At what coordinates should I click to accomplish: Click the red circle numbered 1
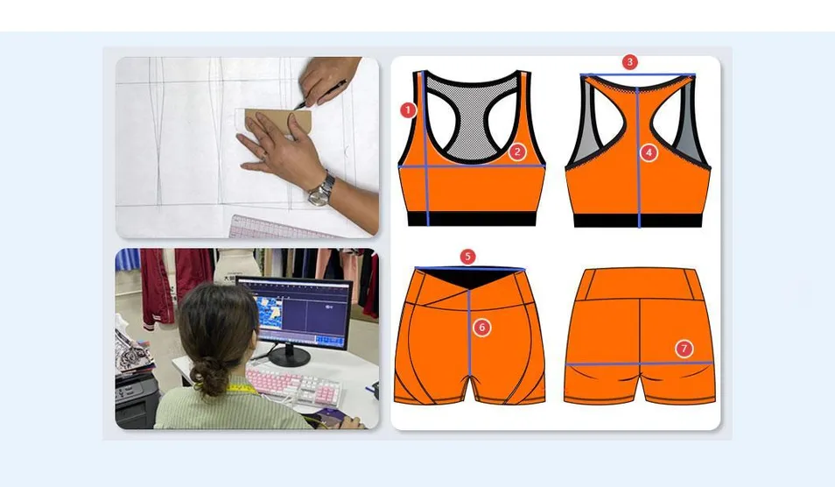click(407, 110)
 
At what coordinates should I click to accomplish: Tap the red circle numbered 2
click(517, 152)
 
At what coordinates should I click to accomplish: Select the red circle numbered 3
click(629, 62)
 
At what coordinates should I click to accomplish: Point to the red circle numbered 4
click(649, 152)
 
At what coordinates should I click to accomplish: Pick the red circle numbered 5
click(468, 257)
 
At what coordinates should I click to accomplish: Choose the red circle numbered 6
click(481, 328)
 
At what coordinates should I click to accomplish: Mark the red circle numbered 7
click(684, 349)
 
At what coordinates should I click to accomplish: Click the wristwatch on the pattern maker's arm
click(322, 188)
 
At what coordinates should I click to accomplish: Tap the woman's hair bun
click(210, 378)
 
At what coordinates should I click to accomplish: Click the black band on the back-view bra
click(638, 221)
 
